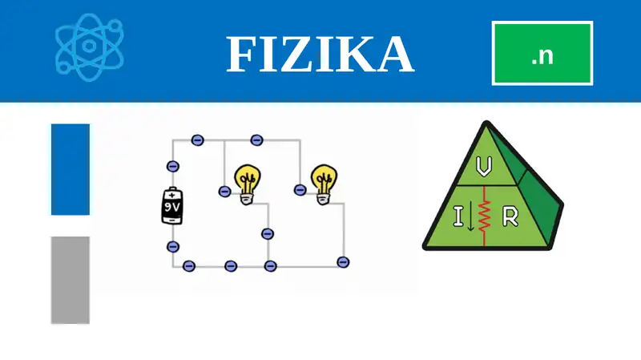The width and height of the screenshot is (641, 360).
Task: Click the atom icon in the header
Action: pyautogui.click(x=90, y=47)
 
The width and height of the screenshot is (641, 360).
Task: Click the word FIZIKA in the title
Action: pyautogui.click(x=320, y=55)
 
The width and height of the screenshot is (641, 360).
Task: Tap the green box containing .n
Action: pyautogui.click(x=542, y=53)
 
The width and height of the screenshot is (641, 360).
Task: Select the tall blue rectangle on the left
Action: pyautogui.click(x=71, y=169)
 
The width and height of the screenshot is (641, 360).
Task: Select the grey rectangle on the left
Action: pyautogui.click(x=71, y=281)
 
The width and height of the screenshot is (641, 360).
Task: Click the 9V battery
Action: pyautogui.click(x=172, y=206)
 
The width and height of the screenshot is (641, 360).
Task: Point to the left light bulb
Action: pyautogui.click(x=248, y=184)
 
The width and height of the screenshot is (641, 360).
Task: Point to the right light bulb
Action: pyautogui.click(x=325, y=184)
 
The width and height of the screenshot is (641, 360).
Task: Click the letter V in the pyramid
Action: pyautogui.click(x=484, y=167)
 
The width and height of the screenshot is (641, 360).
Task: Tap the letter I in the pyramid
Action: pyautogui.click(x=458, y=216)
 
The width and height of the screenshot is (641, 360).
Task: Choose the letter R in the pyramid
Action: pyautogui.click(x=510, y=216)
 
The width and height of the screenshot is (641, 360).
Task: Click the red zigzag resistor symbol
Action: pyautogui.click(x=485, y=216)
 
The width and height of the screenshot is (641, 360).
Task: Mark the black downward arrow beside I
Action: pyautogui.click(x=470, y=216)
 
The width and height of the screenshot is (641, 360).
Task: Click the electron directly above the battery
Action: pyautogui.click(x=173, y=167)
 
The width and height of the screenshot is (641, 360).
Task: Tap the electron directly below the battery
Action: pyautogui.click(x=173, y=247)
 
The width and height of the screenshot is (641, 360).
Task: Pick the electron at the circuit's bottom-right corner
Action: pyautogui.click(x=343, y=262)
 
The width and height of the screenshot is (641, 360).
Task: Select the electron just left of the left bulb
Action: pyautogui.click(x=224, y=191)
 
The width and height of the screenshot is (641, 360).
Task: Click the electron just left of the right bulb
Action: pyautogui.click(x=300, y=190)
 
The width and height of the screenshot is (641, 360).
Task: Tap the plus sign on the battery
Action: pyautogui.click(x=171, y=196)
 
